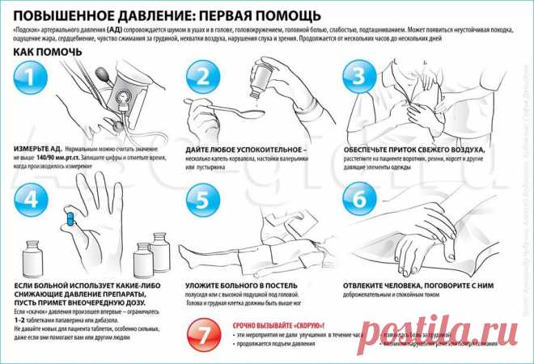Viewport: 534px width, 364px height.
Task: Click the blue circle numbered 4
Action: click(x=31, y=198)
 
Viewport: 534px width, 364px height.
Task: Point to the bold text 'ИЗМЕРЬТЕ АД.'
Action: click(x=37, y=150)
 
